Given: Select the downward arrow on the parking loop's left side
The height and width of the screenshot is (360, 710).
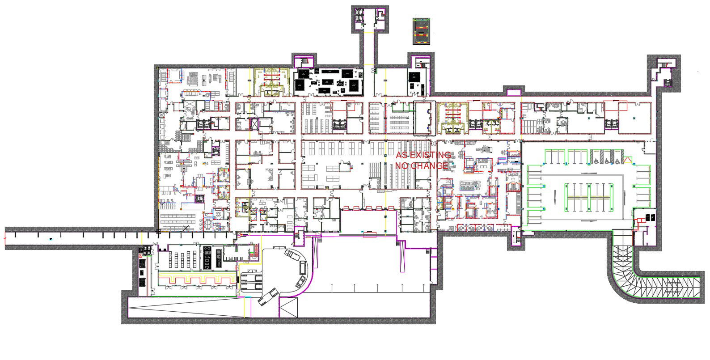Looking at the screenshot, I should click(555, 195).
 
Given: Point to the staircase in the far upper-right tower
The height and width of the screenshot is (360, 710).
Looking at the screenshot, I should click(664, 64).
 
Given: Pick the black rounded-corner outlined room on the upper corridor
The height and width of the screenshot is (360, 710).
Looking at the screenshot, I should click(424, 118).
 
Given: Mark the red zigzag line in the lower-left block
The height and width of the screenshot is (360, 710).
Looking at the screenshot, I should click(197, 279).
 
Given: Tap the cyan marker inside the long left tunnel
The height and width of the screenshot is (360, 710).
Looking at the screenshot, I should click(51, 239).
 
